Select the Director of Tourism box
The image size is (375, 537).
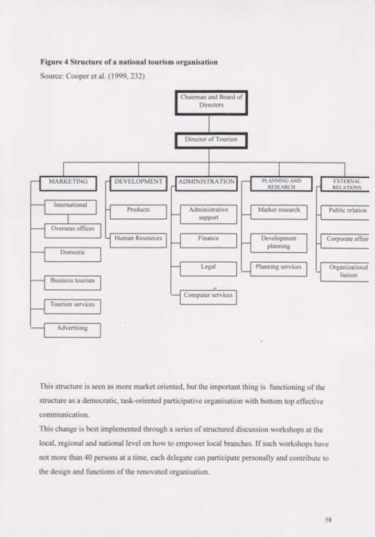tap(211, 140)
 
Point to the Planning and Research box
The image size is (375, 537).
tap(279, 184)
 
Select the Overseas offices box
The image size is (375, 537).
tap(72, 229)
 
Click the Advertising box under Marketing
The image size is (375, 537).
tap(72, 329)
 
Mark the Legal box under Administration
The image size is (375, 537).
tap(208, 267)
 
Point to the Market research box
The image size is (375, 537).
tap(279, 211)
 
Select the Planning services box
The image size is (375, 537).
tap(279, 267)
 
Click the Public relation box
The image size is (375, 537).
tap(347, 211)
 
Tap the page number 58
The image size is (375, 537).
tap(328, 520)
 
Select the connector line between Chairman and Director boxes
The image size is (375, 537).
tap(209, 124)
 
